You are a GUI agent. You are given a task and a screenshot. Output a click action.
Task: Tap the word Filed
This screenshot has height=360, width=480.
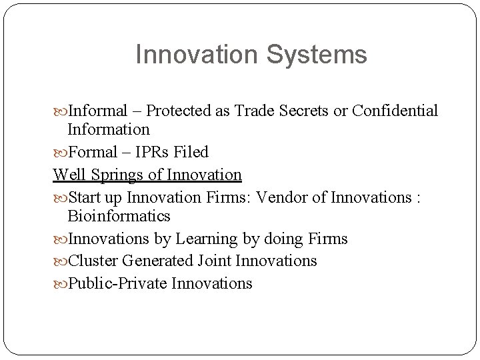(x=194, y=153)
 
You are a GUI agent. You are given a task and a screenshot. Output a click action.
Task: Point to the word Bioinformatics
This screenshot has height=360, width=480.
(x=119, y=217)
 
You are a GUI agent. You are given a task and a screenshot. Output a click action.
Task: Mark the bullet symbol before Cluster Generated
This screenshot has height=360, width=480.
(x=61, y=261)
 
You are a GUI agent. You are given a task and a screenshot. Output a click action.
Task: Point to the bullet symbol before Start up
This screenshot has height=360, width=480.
(x=61, y=197)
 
